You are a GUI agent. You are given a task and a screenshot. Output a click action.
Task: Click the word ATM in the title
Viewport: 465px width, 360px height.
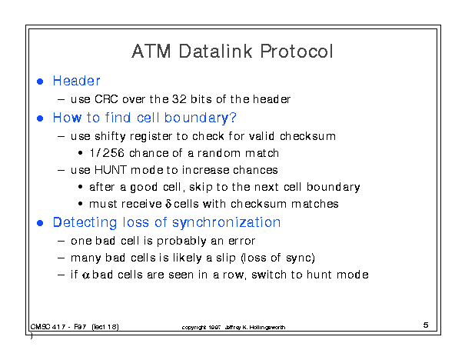[x=151, y=51]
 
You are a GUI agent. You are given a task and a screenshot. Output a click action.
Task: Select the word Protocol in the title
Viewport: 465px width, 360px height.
[x=297, y=51]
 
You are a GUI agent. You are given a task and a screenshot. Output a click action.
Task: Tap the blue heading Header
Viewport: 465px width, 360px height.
[x=77, y=81]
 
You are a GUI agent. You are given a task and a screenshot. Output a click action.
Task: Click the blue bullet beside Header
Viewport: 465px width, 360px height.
[x=40, y=82]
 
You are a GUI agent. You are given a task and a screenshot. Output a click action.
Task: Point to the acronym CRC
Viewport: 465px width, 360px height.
[x=106, y=99]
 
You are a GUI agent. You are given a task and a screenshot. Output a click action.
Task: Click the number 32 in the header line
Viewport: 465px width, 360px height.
[x=179, y=99]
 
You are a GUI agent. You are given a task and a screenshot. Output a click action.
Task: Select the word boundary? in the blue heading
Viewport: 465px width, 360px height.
[x=200, y=118]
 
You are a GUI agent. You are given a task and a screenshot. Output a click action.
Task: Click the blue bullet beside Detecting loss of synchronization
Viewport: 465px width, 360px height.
[x=40, y=223]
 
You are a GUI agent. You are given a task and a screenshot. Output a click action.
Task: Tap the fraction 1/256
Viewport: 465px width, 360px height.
[x=107, y=153]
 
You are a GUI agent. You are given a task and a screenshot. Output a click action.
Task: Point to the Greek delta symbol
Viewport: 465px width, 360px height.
[x=168, y=204]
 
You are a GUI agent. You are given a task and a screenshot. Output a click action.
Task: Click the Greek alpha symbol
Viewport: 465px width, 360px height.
[x=86, y=275]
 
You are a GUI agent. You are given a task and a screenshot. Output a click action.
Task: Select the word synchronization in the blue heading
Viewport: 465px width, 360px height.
[x=226, y=223]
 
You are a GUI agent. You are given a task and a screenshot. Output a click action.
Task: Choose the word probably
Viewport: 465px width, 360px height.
[x=181, y=242]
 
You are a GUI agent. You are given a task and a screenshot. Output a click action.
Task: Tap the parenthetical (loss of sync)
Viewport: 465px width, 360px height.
[x=278, y=258]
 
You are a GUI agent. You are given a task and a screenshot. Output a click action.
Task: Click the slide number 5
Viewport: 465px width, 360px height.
[x=426, y=325]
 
